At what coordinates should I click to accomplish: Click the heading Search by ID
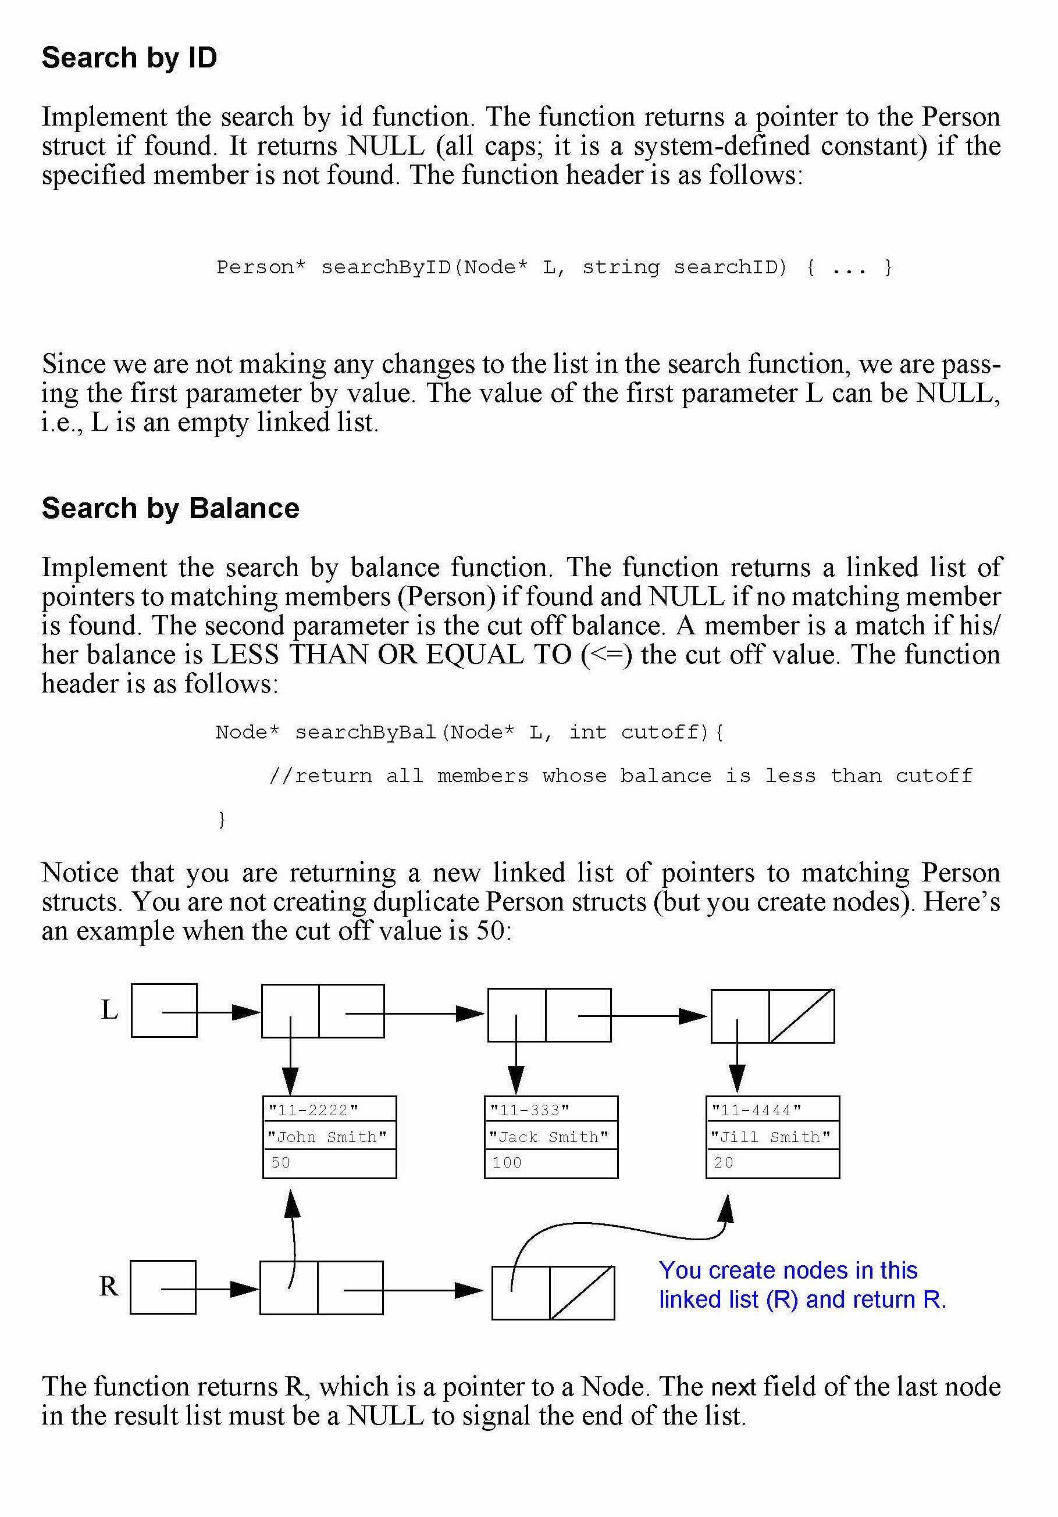(x=130, y=58)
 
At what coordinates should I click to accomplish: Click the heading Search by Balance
(x=170, y=508)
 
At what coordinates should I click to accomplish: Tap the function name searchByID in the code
(x=386, y=267)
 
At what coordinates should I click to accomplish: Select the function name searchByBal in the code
(x=365, y=732)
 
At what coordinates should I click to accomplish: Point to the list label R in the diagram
(x=109, y=1286)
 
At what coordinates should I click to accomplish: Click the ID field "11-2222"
(x=314, y=1109)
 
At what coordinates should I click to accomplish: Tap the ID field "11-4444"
(x=756, y=1109)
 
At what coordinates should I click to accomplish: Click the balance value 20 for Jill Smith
(x=724, y=1163)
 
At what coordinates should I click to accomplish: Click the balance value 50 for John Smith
(x=281, y=1163)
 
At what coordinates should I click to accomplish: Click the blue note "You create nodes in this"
(x=788, y=1270)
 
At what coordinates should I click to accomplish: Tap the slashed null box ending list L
(x=801, y=1016)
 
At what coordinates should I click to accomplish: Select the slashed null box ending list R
(x=582, y=1293)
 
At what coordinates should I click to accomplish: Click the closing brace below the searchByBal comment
(x=222, y=819)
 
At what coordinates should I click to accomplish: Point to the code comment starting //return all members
(x=621, y=776)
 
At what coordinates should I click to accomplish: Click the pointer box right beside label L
(x=164, y=1010)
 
